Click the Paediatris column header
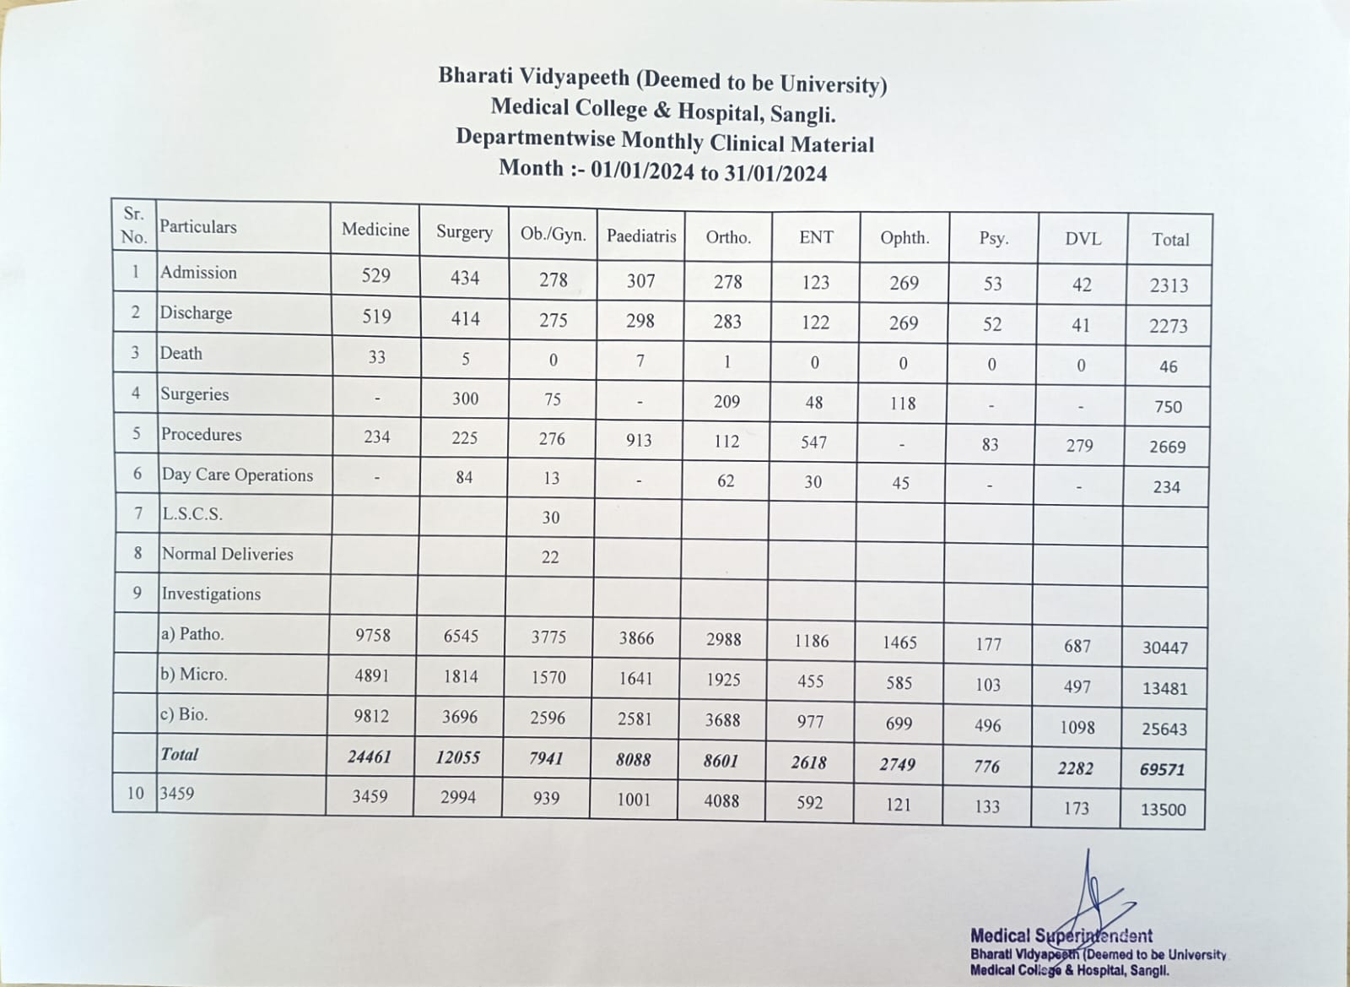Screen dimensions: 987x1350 (x=641, y=236)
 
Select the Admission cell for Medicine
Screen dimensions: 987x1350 (x=376, y=275)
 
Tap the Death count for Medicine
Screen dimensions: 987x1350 (x=376, y=357)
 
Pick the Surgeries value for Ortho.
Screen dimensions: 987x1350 (x=726, y=401)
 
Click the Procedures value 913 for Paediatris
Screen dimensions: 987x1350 (x=639, y=440)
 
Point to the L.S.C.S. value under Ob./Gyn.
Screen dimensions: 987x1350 (x=550, y=517)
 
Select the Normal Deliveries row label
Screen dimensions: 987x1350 (x=228, y=554)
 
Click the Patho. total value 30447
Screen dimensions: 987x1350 (x=1164, y=648)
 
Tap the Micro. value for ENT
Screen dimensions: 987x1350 (x=810, y=681)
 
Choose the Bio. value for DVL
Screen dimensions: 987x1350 (x=1077, y=727)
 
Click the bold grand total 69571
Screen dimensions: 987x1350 (x=1164, y=769)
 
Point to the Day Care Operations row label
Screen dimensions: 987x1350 (x=237, y=475)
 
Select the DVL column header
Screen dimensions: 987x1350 (x=1083, y=239)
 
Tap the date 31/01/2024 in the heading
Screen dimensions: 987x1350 (x=775, y=173)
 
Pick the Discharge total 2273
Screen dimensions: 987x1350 (x=1168, y=326)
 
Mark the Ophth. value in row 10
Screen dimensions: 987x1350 (x=898, y=804)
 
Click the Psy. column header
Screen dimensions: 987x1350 (x=993, y=238)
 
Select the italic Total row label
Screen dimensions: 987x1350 (x=180, y=754)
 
